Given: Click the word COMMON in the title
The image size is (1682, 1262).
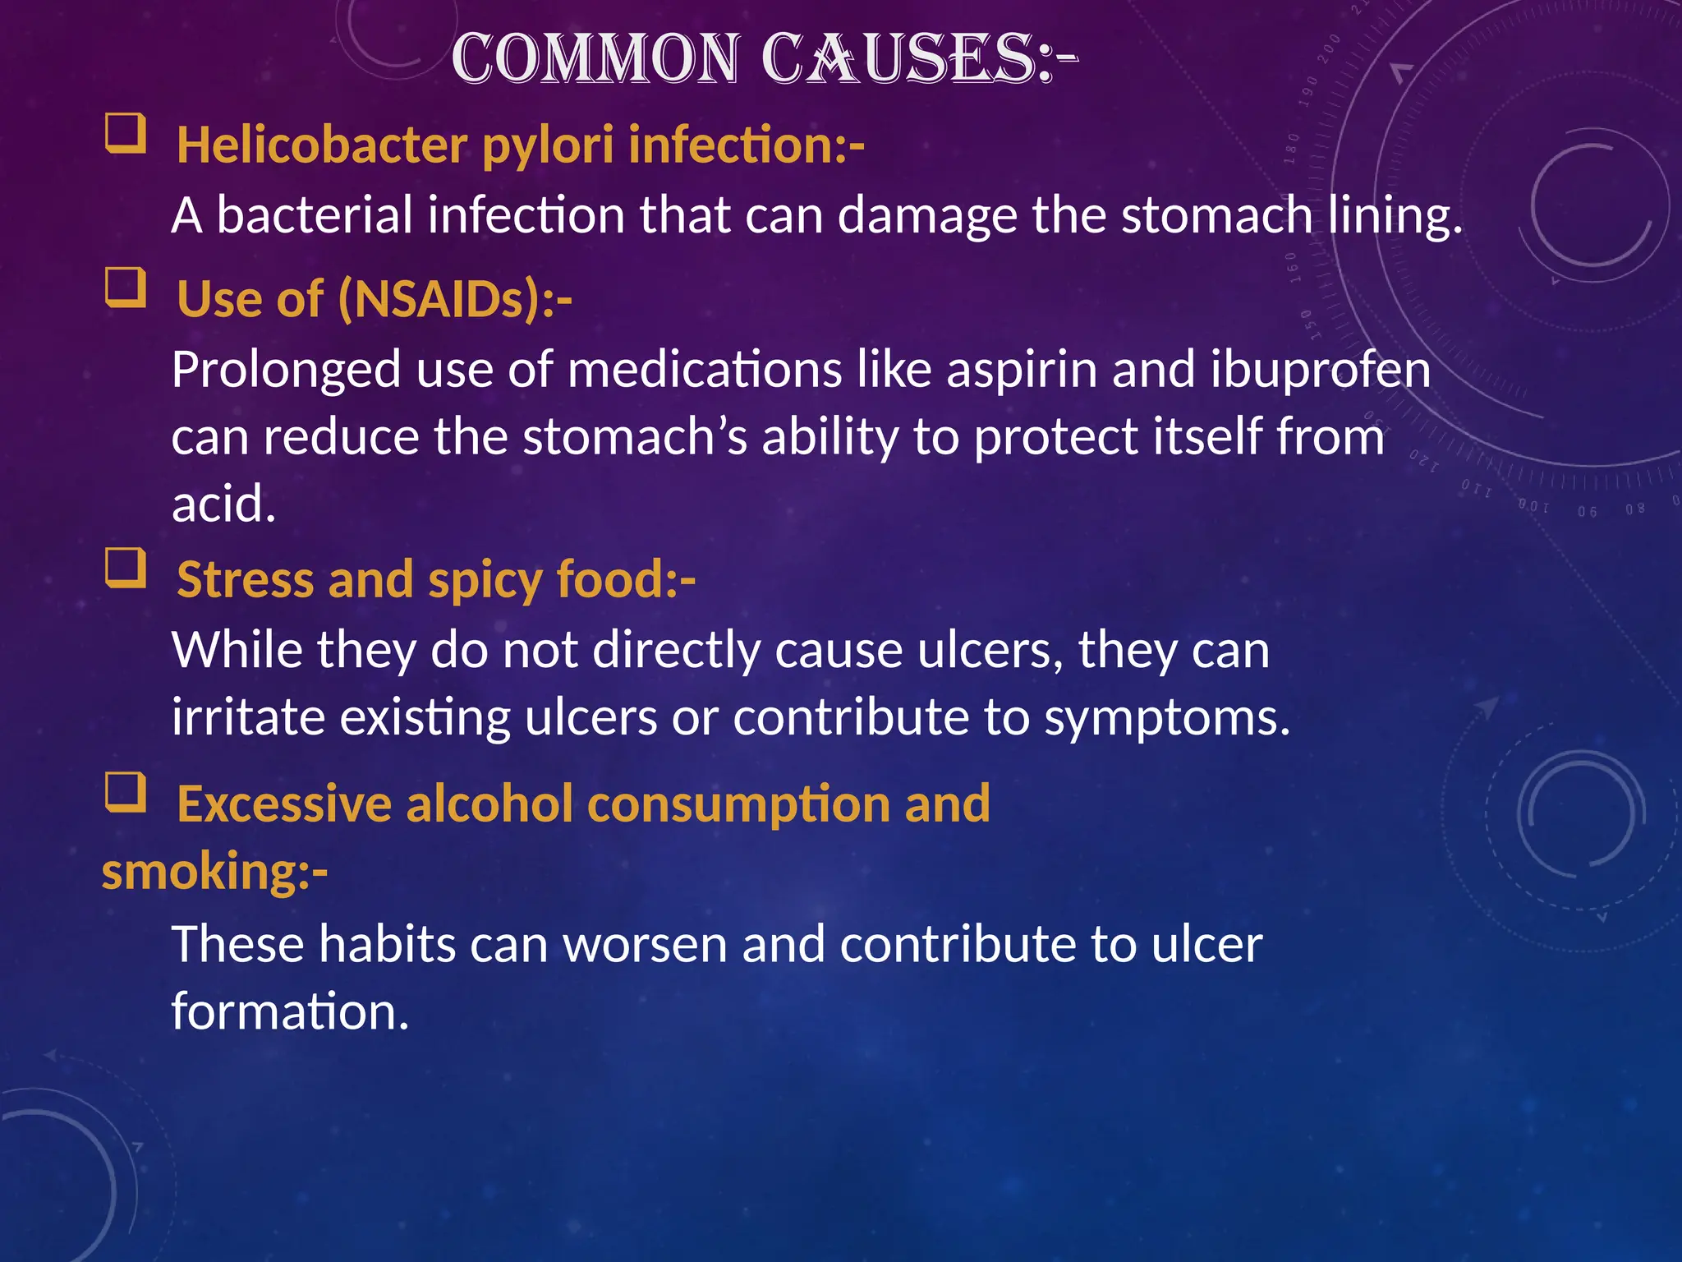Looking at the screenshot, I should (595, 59).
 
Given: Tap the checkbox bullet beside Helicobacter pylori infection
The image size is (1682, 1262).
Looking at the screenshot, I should (126, 134).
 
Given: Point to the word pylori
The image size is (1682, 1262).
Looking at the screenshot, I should (548, 146).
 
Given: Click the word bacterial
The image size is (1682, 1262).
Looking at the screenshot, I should (314, 215).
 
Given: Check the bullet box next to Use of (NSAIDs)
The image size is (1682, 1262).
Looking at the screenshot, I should (126, 288).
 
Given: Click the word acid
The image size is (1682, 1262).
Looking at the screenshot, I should (223, 504).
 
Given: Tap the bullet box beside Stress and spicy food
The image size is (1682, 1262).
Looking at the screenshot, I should (126, 569).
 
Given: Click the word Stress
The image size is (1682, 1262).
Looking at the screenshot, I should (245, 580).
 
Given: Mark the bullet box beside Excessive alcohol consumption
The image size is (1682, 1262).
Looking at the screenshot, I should (126, 792).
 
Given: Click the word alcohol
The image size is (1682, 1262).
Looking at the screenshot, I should (489, 804).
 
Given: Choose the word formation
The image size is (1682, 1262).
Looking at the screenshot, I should (289, 1011).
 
